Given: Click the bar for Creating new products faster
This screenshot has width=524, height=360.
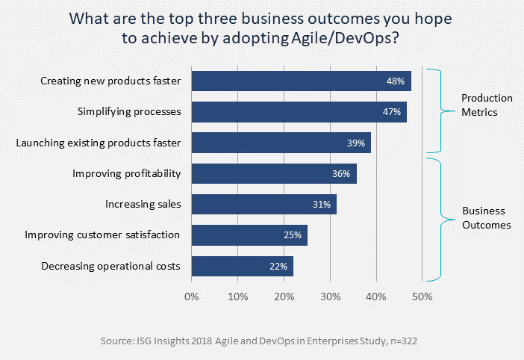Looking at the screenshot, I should click(x=299, y=81).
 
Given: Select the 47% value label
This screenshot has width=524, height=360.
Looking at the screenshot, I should click(x=393, y=112).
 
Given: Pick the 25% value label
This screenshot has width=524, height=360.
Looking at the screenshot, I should click(x=292, y=235).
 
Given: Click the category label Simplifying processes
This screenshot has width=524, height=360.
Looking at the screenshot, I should click(x=128, y=112).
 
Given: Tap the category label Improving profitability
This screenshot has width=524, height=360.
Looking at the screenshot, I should click(x=126, y=174).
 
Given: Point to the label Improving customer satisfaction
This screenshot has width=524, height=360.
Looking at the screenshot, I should click(x=102, y=235).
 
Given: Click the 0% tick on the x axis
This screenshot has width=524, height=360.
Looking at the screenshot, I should click(x=192, y=297).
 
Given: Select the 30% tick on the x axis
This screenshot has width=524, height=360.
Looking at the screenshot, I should click(x=330, y=297).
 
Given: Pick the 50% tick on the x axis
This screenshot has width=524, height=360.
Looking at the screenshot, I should click(x=422, y=297).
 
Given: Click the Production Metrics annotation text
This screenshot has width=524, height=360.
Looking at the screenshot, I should click(x=487, y=105).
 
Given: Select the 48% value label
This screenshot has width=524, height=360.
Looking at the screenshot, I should click(x=396, y=81).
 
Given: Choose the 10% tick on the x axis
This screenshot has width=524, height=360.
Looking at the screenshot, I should click(x=237, y=297).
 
